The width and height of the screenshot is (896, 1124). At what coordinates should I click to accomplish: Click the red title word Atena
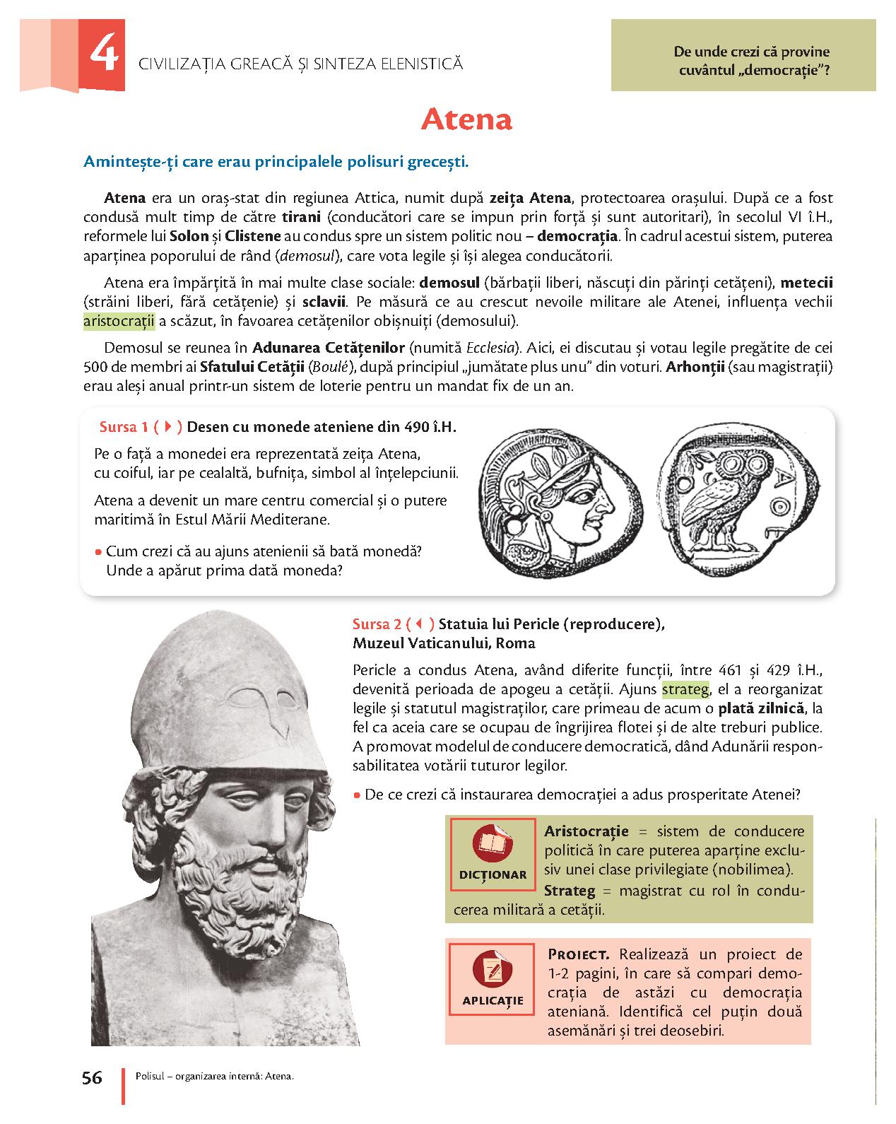point(466,120)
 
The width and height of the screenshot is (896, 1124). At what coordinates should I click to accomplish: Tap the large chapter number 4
point(102,57)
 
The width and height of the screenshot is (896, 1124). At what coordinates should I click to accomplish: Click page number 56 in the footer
point(92,1078)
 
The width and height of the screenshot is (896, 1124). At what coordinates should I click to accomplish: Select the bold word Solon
point(190,236)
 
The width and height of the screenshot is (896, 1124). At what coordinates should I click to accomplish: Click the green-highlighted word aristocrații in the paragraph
point(119,322)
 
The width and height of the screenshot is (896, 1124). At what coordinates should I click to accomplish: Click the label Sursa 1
point(124,427)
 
